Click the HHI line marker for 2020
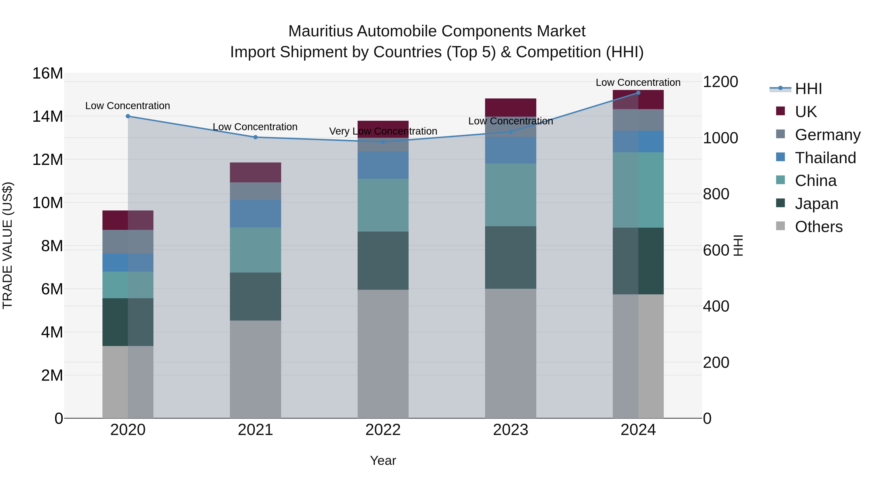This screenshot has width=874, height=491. point(128,116)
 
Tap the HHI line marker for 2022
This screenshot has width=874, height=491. point(383,142)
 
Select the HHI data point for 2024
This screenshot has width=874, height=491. point(638,93)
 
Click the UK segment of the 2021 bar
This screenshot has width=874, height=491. point(255,172)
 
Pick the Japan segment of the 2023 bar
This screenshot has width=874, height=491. point(511,258)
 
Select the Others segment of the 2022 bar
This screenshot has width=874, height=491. point(383,354)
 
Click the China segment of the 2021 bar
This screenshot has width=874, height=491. point(255,250)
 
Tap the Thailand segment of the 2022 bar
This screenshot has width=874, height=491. point(383,165)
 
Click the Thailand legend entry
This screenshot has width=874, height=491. point(825,158)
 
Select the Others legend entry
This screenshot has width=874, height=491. point(818,227)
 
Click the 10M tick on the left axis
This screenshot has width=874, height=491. point(48,203)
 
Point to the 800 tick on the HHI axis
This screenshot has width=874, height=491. point(716,194)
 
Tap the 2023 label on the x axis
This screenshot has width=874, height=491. point(511,430)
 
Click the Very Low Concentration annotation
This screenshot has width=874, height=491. point(383,131)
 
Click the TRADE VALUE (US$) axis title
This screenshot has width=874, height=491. point(8,245)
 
